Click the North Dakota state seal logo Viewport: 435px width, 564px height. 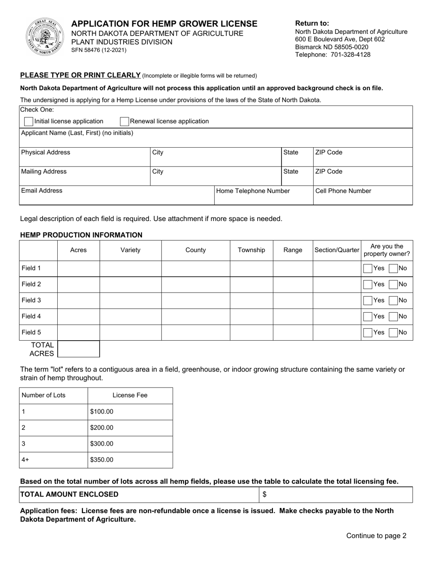click(44, 36)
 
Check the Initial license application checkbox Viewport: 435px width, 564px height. click(28, 122)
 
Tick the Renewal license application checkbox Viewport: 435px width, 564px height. click(124, 122)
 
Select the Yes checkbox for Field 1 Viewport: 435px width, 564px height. click(367, 268)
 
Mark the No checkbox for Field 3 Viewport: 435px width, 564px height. click(393, 300)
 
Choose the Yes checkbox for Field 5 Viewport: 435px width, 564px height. click(367, 332)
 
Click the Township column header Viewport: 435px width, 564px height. click(251, 250)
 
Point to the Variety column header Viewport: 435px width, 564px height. click(130, 250)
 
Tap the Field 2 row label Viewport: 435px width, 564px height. click(31, 284)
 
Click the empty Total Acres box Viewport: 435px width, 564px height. click(78, 349)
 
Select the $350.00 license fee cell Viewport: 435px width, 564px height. click(102, 460)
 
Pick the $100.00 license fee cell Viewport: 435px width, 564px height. click(102, 412)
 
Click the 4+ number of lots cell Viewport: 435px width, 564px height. click(26, 460)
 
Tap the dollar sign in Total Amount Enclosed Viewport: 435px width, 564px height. click(264, 495)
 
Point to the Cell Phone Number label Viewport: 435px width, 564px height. click(343, 191)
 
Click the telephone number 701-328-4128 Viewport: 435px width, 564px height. click(349, 55)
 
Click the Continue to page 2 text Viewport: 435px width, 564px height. click(376, 536)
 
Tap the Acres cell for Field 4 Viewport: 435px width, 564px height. click(78, 316)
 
